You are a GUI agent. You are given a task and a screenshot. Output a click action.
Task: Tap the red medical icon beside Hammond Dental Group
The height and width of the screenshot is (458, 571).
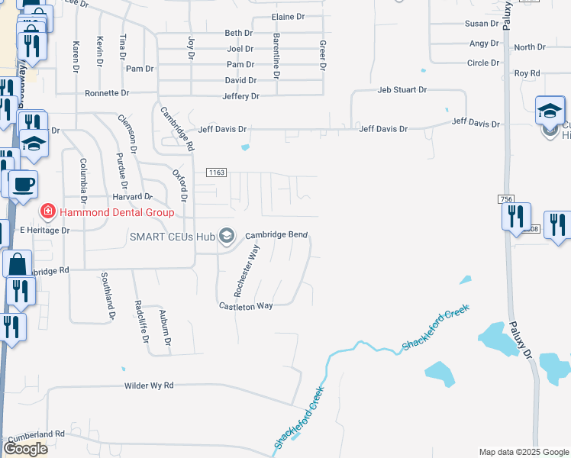click(47, 211)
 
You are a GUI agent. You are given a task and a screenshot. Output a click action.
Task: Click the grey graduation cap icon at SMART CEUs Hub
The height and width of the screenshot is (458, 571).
click(227, 236)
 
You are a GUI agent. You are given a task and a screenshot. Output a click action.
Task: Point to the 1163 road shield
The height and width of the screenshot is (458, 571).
click(216, 173)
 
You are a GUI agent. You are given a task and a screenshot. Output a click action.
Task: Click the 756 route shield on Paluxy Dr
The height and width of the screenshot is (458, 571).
click(507, 199)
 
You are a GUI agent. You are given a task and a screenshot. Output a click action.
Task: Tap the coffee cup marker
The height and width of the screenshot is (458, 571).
click(24, 185)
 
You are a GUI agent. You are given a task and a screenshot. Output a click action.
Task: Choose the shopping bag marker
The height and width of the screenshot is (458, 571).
click(17, 264)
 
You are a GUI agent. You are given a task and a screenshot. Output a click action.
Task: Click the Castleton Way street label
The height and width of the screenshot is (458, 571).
click(246, 306)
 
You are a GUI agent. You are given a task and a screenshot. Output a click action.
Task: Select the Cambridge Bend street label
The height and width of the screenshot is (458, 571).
click(276, 235)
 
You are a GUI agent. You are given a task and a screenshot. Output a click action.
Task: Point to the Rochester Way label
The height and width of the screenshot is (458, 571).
click(247, 271)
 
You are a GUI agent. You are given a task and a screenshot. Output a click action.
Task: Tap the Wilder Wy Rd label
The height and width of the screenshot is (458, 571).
click(149, 386)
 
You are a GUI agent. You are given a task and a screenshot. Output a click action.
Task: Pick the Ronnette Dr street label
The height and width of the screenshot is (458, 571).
click(107, 93)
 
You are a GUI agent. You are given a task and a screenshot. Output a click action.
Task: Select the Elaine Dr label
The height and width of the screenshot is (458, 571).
click(289, 17)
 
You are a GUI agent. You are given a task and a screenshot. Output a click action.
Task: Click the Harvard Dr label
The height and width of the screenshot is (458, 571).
click(133, 197)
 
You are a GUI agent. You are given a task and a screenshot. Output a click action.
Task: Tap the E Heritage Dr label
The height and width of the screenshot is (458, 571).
click(44, 230)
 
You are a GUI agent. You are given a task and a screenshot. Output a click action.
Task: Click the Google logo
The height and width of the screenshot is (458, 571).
click(25, 449)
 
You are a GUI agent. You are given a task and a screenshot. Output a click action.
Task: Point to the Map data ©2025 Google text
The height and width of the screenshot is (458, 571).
click(522, 452)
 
